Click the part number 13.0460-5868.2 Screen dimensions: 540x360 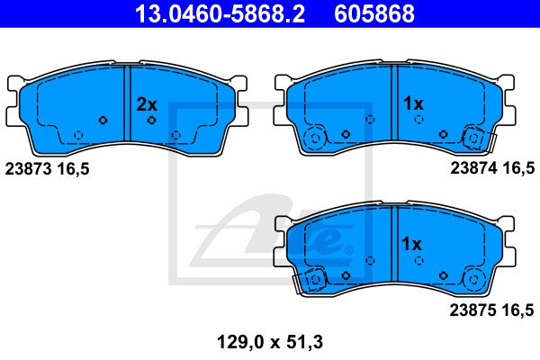220,13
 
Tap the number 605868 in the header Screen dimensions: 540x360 374,13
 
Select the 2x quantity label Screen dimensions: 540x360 147,104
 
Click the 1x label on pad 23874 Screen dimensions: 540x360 413,103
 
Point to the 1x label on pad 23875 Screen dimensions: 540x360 411,244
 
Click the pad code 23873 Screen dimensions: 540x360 28,169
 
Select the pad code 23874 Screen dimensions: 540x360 474,168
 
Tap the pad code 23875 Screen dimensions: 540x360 472,310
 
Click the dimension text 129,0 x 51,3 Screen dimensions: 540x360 270,342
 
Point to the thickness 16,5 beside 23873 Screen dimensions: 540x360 73,169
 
